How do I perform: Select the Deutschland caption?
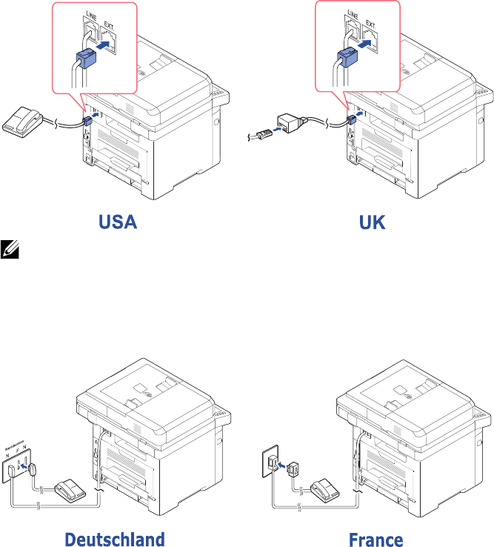point(114,538)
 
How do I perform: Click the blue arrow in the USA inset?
point(107,45)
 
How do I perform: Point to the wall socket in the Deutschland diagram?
point(17,466)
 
